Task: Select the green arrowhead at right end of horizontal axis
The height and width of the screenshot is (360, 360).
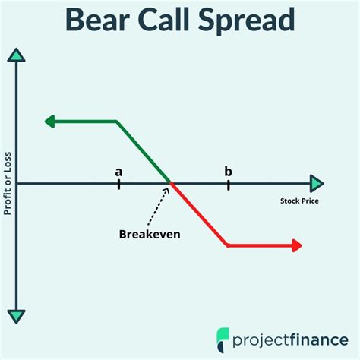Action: [x=317, y=183]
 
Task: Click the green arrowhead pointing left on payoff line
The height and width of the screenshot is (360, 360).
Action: [x=51, y=121]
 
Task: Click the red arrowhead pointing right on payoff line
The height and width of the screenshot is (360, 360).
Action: [x=296, y=245]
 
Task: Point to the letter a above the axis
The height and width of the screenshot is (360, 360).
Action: [x=118, y=171]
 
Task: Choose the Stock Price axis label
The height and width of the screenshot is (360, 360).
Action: [x=299, y=201]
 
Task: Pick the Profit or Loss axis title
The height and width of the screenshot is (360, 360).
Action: [x=8, y=183]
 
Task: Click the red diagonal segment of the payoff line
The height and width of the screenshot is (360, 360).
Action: [x=200, y=214]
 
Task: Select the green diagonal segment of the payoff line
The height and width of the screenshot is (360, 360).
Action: [x=143, y=151]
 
